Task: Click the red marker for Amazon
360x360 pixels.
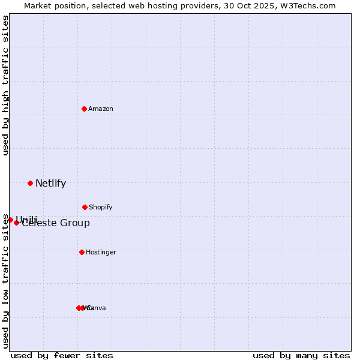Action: tap(85, 109)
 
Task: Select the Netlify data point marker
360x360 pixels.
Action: tap(30, 183)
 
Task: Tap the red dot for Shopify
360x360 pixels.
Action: tap(85, 207)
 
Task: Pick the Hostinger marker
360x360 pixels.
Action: tap(82, 252)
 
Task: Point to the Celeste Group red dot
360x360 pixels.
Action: tap(17, 223)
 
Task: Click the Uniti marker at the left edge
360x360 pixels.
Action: tap(10, 220)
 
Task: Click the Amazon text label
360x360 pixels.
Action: tap(101, 109)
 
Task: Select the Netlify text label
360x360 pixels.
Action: tap(50, 184)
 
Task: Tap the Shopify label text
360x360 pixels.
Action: tap(101, 208)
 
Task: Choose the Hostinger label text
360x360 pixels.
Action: tap(101, 253)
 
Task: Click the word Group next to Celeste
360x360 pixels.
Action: tap(77, 223)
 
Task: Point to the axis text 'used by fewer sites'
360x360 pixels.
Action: tap(62, 355)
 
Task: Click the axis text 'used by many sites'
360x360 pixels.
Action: tap(301, 355)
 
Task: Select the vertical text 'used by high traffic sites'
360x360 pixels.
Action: tap(6, 85)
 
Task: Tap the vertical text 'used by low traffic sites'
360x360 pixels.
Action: tap(6, 281)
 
